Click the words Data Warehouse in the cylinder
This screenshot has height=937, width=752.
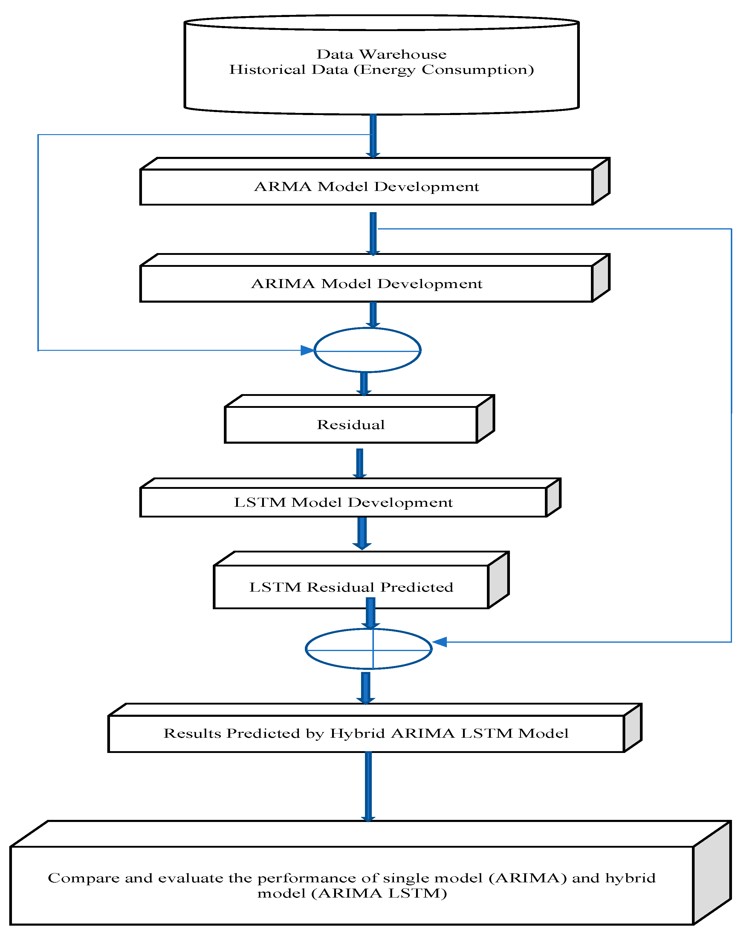tap(381, 54)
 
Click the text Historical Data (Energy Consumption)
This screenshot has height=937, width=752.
tap(381, 70)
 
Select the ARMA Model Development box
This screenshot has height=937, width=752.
tap(366, 187)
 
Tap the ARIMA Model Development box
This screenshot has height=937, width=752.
tap(366, 284)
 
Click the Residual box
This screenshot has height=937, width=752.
tap(350, 425)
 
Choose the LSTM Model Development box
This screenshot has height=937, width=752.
tap(343, 502)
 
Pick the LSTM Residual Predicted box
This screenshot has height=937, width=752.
tap(351, 587)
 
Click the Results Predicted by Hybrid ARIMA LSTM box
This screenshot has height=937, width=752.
tap(366, 734)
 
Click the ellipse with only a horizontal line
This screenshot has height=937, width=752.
tap(367, 350)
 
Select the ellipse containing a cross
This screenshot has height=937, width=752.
tap(369, 649)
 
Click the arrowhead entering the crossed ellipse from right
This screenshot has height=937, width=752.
tap(439, 642)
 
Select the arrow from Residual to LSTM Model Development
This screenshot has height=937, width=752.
tap(360, 463)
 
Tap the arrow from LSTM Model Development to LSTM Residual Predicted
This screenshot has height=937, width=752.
tap(362, 532)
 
